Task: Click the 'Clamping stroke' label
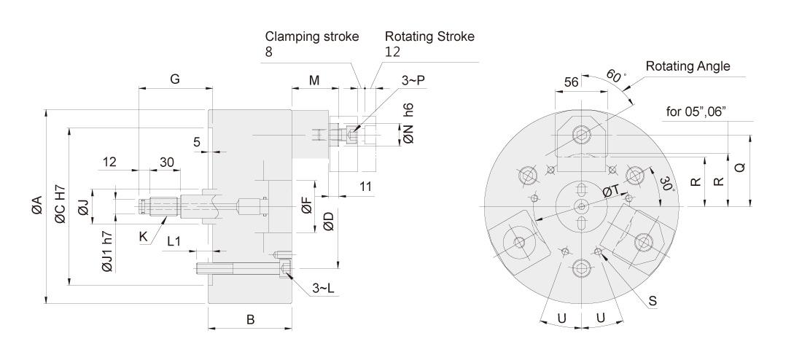[x=312, y=37]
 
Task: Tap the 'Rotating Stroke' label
[x=429, y=37]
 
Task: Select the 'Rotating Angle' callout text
[x=688, y=66]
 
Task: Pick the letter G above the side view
[x=175, y=79]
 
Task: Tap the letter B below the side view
[x=251, y=320]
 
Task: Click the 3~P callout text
[x=413, y=81]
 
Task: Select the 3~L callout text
[x=324, y=289]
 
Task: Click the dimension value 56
[x=571, y=82]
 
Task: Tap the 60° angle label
[x=616, y=76]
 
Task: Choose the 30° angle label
[x=666, y=184]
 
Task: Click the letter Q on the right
[x=740, y=167]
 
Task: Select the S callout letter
[x=653, y=302]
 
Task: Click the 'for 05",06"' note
[x=696, y=112]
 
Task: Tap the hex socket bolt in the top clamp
[x=582, y=135]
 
